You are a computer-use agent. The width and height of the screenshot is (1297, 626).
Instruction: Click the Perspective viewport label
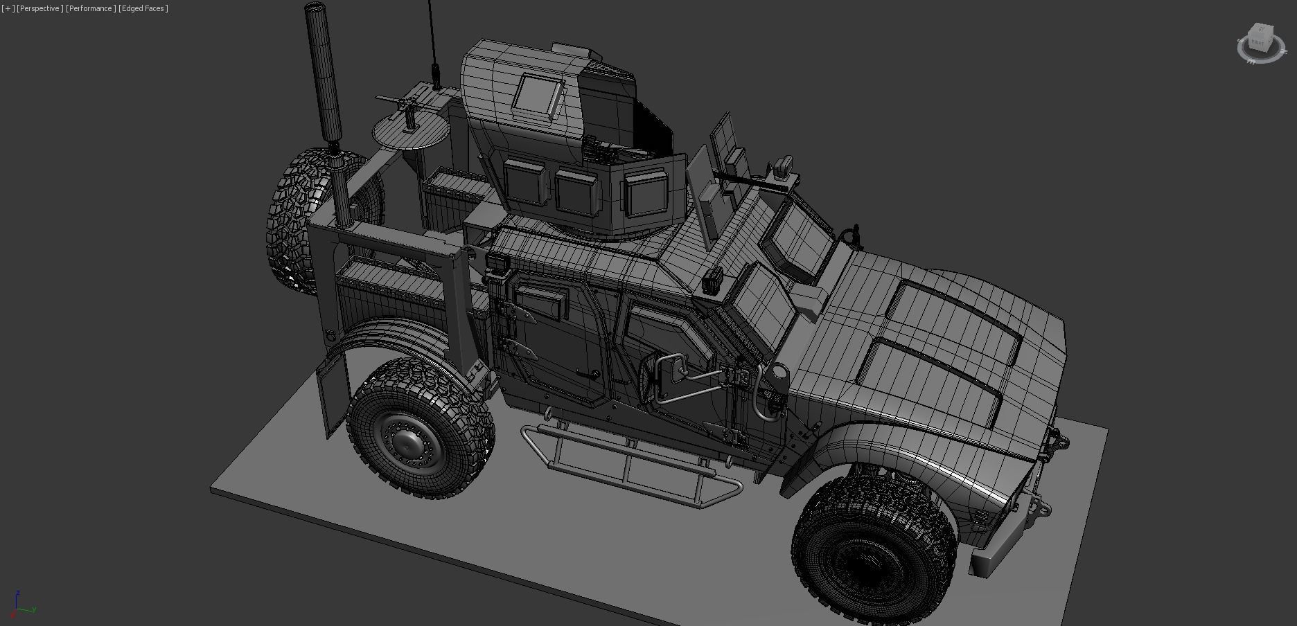[x=40, y=8]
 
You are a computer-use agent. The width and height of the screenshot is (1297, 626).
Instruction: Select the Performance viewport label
[x=90, y=8]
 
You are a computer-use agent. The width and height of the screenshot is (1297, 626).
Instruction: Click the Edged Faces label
[x=143, y=8]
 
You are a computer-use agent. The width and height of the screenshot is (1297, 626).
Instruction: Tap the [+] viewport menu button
[x=8, y=8]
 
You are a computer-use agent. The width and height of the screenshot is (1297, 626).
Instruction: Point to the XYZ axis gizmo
[x=21, y=606]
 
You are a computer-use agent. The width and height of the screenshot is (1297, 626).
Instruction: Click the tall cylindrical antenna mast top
[x=316, y=10]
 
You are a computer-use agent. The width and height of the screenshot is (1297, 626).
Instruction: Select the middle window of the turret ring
[x=575, y=190]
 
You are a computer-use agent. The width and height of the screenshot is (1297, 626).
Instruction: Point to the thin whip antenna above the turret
[x=432, y=35]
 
